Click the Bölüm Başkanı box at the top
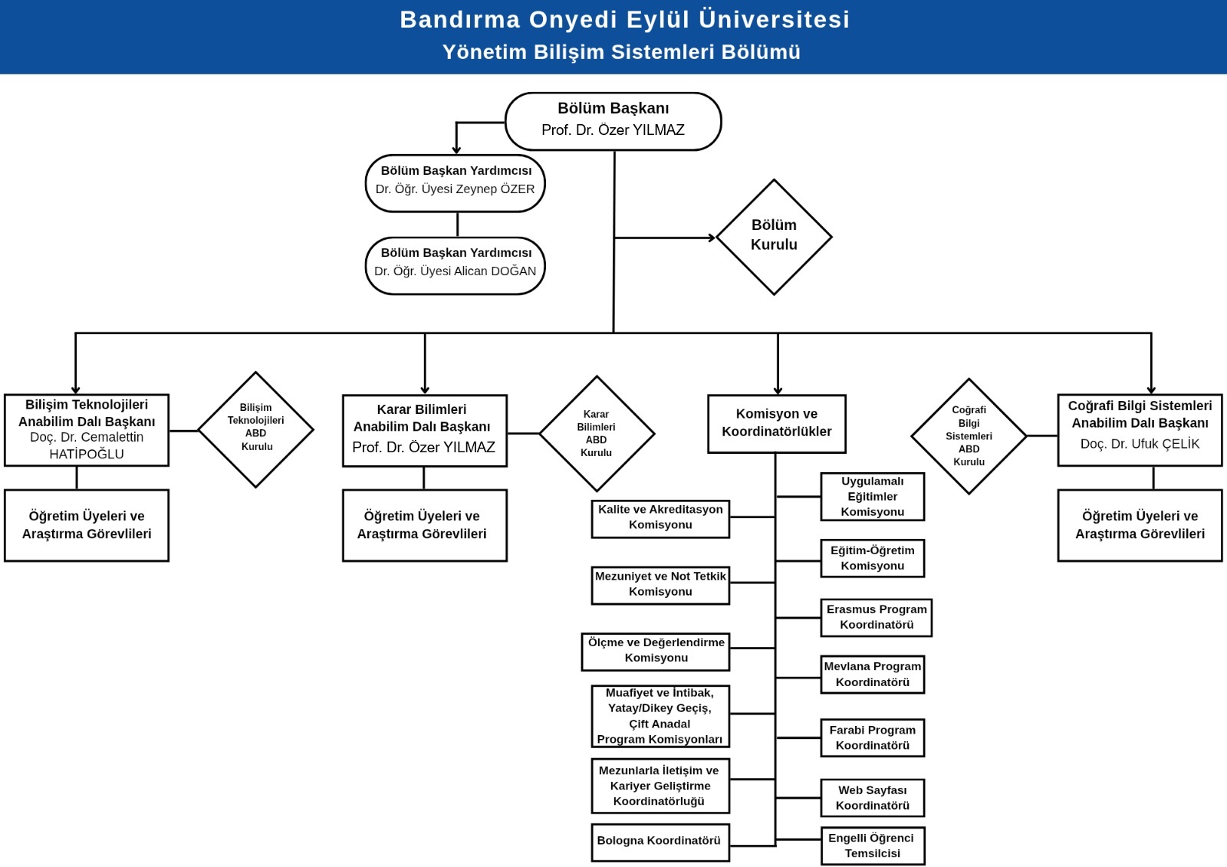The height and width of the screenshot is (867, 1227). (613, 121)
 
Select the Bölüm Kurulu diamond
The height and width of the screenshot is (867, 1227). (774, 236)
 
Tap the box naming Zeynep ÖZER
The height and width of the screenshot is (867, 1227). (456, 183)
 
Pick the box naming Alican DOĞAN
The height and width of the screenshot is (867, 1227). (456, 265)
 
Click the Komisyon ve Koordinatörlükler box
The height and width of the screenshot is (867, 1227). (776, 423)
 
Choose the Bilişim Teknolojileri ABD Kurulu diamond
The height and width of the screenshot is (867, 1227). (256, 429)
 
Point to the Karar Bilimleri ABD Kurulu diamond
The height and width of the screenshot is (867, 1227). (597, 433)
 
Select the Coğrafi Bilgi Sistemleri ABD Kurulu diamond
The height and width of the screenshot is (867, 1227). (969, 435)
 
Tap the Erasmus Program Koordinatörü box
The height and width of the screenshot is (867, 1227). (876, 617)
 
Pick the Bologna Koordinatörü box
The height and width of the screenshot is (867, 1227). (660, 842)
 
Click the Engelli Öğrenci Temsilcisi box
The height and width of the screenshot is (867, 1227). (872, 846)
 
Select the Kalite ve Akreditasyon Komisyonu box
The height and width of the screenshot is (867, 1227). (660, 517)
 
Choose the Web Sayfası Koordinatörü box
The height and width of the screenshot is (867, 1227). (872, 798)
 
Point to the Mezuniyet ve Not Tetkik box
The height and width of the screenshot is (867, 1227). (660, 584)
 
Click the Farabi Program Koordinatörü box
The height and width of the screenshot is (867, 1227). (872, 737)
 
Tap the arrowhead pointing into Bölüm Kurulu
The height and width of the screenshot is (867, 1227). (712, 238)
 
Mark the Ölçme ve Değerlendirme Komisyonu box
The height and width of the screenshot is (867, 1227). (656, 650)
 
